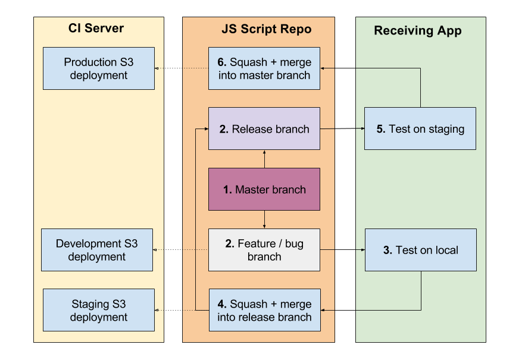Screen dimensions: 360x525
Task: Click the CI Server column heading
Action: [x=96, y=29]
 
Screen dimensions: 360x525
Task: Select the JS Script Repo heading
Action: [x=266, y=29]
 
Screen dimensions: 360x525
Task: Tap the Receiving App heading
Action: [x=417, y=31]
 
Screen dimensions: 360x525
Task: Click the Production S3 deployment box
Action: [x=99, y=68]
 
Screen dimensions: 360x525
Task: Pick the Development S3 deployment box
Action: [x=97, y=250]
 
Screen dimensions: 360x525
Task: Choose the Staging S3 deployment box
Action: [x=99, y=311]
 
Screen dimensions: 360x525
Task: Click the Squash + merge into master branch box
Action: [x=264, y=68]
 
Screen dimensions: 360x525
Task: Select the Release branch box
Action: [x=264, y=129]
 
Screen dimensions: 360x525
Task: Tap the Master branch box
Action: [x=264, y=189]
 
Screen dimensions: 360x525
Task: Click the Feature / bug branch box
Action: [x=264, y=250]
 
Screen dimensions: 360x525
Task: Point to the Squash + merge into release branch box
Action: [x=264, y=311]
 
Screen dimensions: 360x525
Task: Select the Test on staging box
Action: [x=420, y=129]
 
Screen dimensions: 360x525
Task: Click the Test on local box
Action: [x=420, y=250]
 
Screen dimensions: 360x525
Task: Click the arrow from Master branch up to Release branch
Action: [x=264, y=159]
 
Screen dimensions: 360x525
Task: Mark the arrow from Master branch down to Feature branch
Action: [x=264, y=220]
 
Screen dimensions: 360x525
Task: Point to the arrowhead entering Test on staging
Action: [x=362, y=129]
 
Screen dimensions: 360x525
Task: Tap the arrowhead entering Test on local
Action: [x=362, y=250]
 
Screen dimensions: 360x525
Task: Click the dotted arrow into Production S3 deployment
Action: [x=179, y=68]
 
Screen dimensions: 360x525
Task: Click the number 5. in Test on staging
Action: [x=381, y=129]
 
